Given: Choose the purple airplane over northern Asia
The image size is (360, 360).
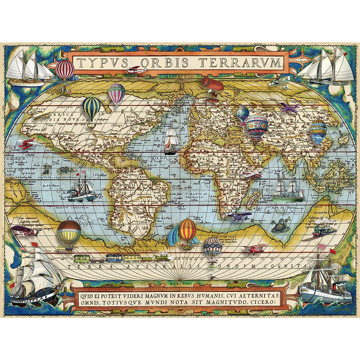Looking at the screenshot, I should (289, 107).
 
